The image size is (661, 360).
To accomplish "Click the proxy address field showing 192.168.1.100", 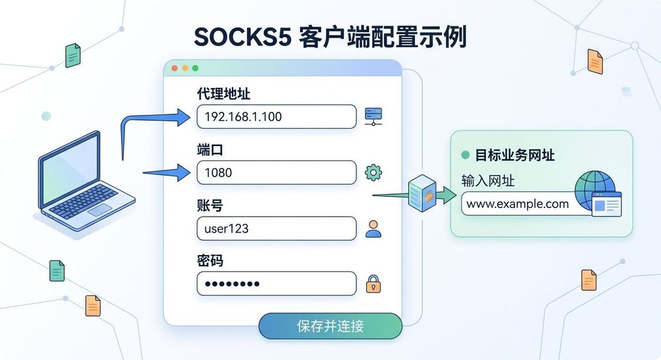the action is pos(276,117).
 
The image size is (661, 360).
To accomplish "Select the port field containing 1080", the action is pos(276,172).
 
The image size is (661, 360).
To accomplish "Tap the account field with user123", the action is pos(276,229).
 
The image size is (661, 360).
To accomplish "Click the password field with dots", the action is pos(276,283).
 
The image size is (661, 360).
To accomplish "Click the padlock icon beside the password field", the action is pos(373,284).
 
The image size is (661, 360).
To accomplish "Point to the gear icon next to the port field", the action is pos(373,172).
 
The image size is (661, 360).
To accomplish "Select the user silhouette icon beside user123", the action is pos(373,229).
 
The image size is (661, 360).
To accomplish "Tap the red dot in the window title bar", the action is pos(175,68).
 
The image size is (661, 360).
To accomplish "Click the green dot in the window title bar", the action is pos(195,68).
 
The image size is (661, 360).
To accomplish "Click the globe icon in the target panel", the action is pos(594,190).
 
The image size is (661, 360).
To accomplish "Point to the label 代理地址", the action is pos(223,94).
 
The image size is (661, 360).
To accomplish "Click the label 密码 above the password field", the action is pos(210,261).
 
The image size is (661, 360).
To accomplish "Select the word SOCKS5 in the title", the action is pos(243,37).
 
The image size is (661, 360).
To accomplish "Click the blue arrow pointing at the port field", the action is pos(167,172).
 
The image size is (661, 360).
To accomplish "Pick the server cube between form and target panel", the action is pos(422,194).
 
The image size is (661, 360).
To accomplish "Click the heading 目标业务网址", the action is pos(514,155).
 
